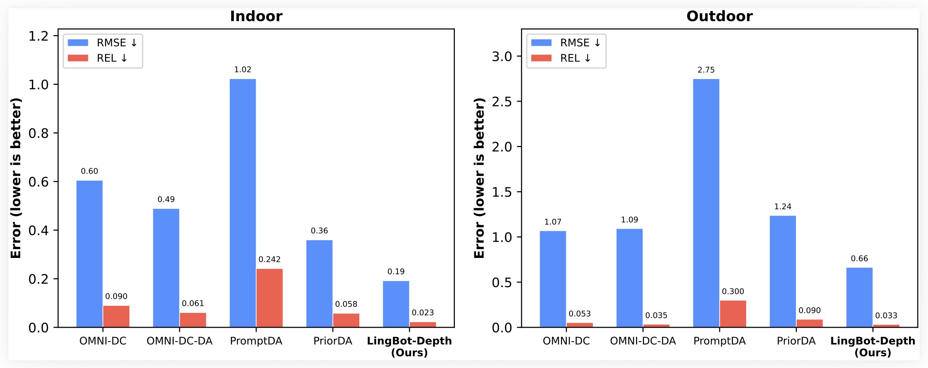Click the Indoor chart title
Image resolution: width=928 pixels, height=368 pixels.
pyautogui.click(x=256, y=16)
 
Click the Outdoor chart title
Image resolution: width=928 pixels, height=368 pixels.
pyautogui.click(x=719, y=16)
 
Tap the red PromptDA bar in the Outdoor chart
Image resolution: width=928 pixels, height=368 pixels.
pyautogui.click(x=733, y=314)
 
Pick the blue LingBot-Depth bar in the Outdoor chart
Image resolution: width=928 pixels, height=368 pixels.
pyautogui.click(x=859, y=297)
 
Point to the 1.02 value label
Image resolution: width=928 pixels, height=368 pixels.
pyautogui.click(x=243, y=70)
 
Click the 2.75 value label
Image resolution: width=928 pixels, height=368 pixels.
pyautogui.click(x=706, y=70)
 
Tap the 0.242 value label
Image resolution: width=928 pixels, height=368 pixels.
pyautogui.click(x=269, y=259)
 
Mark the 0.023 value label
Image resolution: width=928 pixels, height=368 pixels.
pyautogui.click(x=423, y=312)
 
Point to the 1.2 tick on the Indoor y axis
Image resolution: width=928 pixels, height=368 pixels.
pyautogui.click(x=38, y=36)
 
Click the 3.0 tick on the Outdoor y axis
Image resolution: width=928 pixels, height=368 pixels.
pyautogui.click(x=502, y=56)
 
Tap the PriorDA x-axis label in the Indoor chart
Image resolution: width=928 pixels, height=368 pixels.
pyautogui.click(x=333, y=341)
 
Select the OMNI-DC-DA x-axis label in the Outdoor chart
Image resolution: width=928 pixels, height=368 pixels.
pyautogui.click(x=643, y=341)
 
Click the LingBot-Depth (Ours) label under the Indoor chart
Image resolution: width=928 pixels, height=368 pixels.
pyautogui.click(x=409, y=346)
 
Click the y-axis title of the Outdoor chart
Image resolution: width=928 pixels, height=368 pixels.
pyautogui.click(x=479, y=178)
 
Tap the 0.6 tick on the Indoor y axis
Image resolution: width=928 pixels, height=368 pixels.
pyautogui.click(x=38, y=182)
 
